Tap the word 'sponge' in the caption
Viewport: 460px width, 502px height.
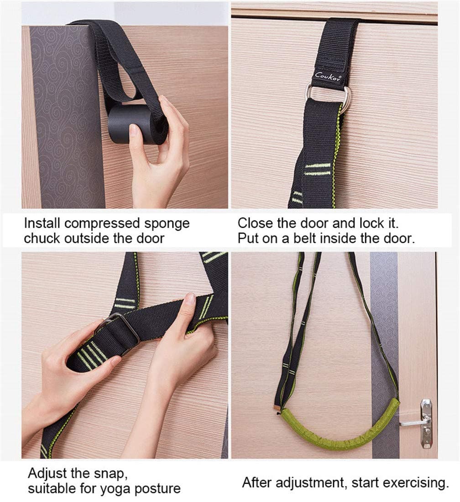pyautogui.click(x=166, y=224)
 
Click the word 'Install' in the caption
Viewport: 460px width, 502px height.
pyautogui.click(x=42, y=224)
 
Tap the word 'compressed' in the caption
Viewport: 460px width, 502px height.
pyautogui.click(x=102, y=224)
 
